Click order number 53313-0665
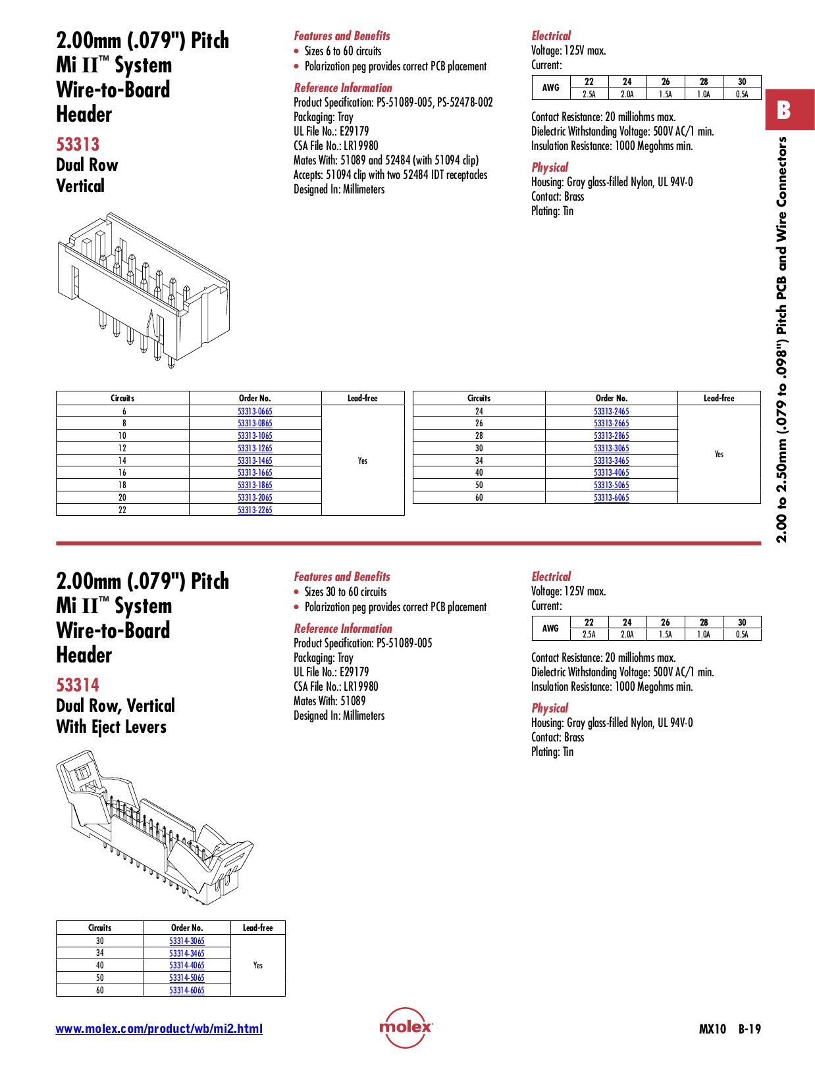coord(255,411)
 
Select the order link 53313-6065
coord(611,497)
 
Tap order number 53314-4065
coord(186,965)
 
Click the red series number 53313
coord(78,144)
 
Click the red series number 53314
coord(78,685)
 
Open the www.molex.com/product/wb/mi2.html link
coord(159,1029)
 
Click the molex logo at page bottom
coord(406,1027)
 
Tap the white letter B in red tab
coord(783,110)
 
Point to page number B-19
coord(749,1029)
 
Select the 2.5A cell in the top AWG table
coord(589,94)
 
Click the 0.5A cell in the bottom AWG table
coord(742,635)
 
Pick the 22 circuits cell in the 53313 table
coord(122,510)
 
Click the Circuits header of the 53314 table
coord(99,928)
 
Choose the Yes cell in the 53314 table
coord(257,965)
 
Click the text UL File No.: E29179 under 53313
coord(331,131)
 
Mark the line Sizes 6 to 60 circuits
coord(342,51)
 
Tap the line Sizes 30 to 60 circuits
coord(345,592)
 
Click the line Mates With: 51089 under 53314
coord(329,701)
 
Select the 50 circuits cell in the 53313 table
coord(479,485)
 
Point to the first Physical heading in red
coord(549,167)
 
